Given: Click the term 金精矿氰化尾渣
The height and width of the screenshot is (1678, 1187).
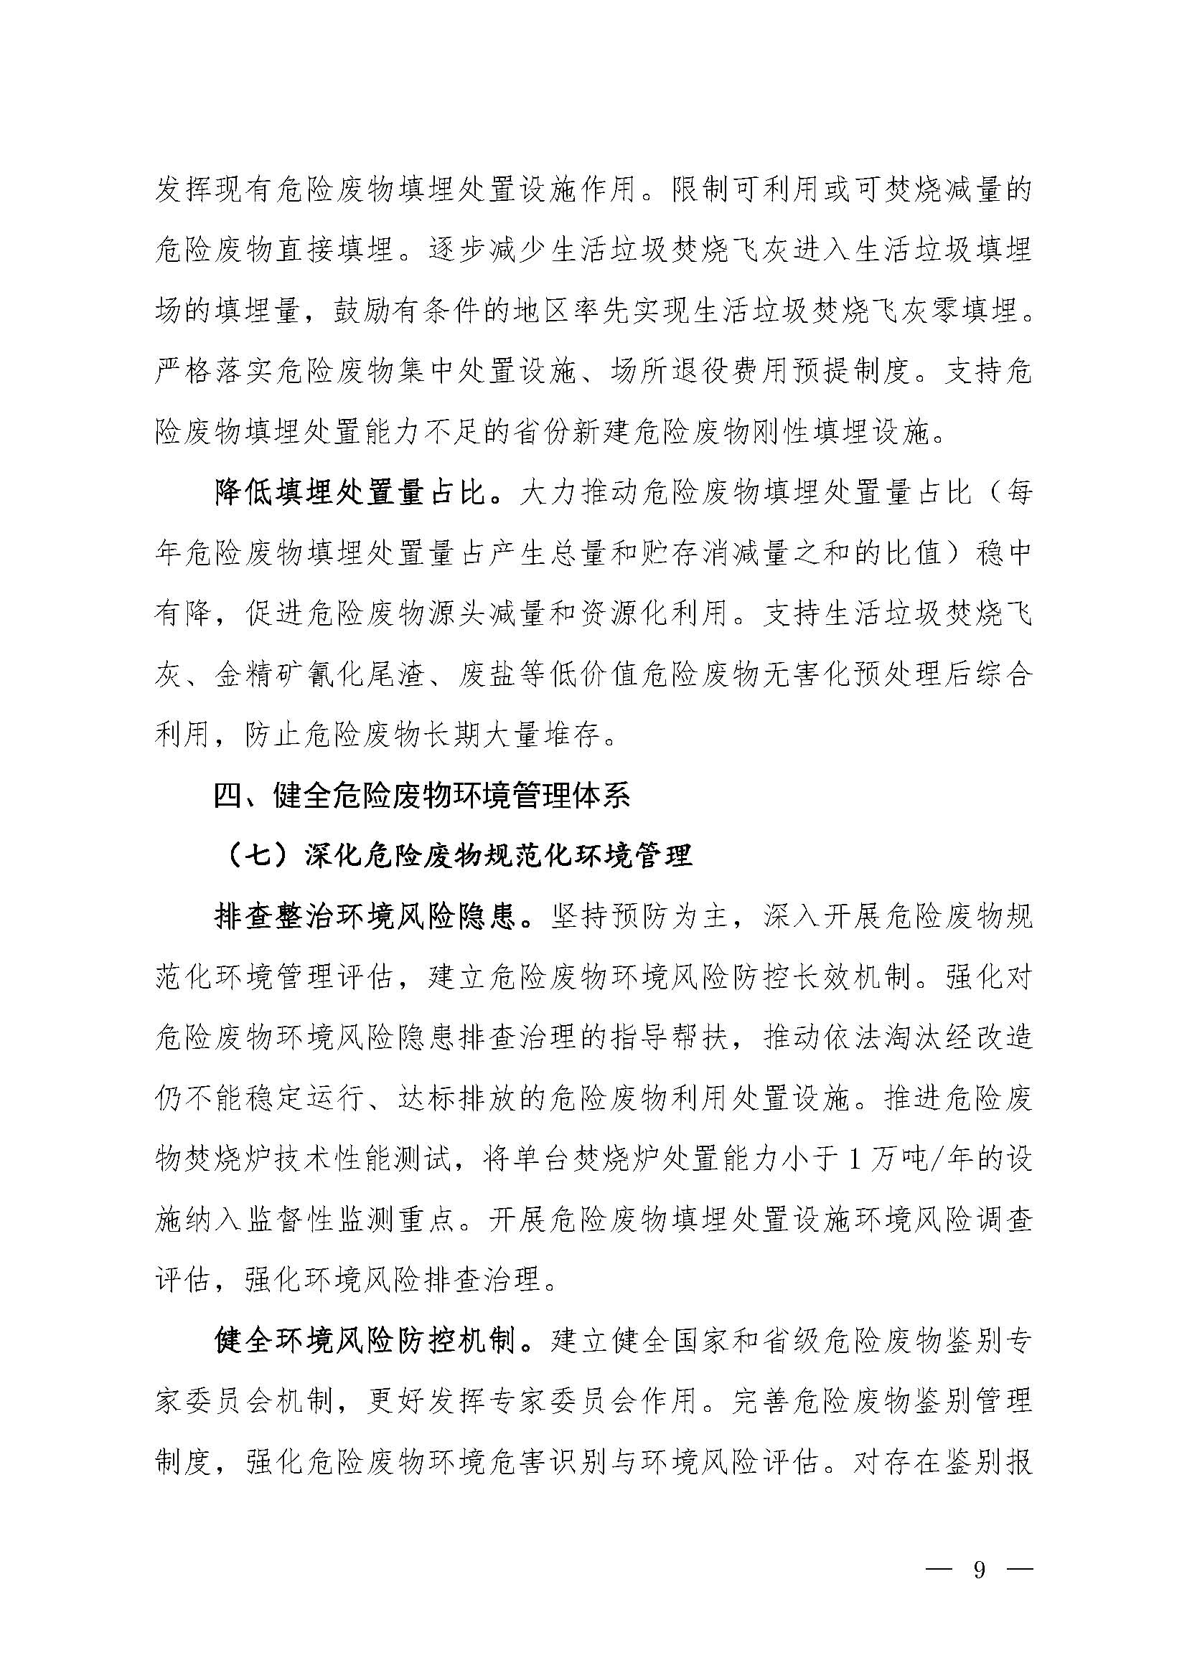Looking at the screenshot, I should point(319,674).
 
